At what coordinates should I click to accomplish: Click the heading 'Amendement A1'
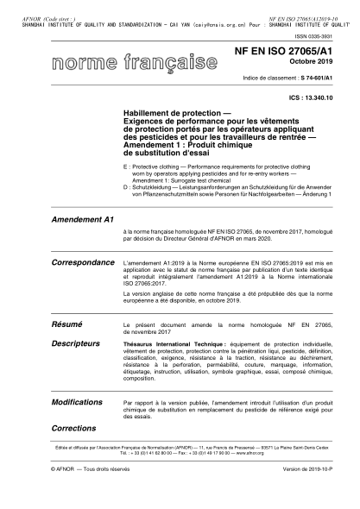pyautogui.click(x=83, y=220)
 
